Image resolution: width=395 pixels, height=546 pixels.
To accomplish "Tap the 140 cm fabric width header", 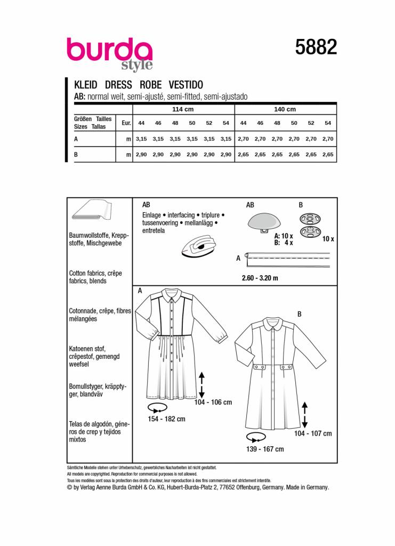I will pos(284,109).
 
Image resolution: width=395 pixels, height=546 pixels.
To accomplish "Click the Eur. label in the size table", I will pos(126,123).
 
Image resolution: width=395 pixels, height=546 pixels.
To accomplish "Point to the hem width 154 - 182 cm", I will pos(166,419).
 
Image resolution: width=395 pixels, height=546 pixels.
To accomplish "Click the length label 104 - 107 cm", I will pos(312,433).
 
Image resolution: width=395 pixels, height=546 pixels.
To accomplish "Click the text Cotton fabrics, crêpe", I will pos(95,272).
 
